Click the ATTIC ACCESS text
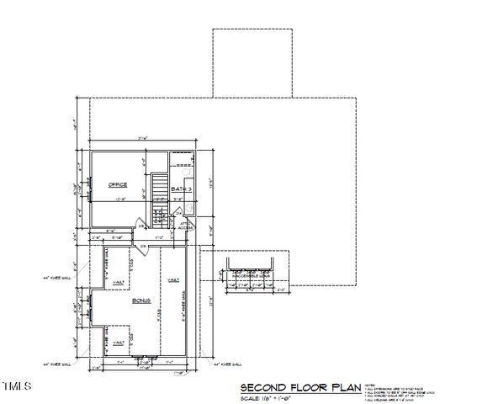(x=186, y=226)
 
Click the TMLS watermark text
(x=17, y=386)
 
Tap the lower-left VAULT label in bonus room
(x=119, y=343)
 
